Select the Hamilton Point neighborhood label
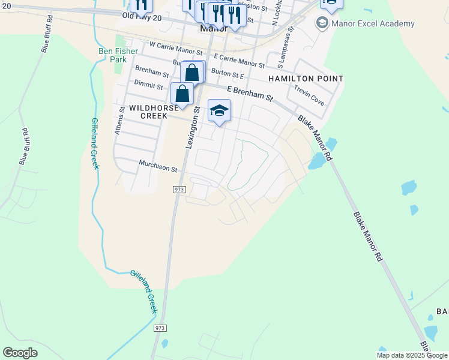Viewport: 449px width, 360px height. coord(306,79)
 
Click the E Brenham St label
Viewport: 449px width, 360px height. coord(250,94)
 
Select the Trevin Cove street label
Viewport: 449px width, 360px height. coord(309,95)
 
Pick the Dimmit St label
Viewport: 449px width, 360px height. coord(148,86)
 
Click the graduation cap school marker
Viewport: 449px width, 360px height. coord(219,110)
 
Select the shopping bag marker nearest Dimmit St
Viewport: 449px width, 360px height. coord(182,94)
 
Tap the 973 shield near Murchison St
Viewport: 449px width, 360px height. coord(179,189)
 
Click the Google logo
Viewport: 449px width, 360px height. coord(20,353)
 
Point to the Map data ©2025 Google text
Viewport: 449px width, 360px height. coord(412,355)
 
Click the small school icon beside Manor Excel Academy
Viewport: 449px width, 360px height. coord(322,23)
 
